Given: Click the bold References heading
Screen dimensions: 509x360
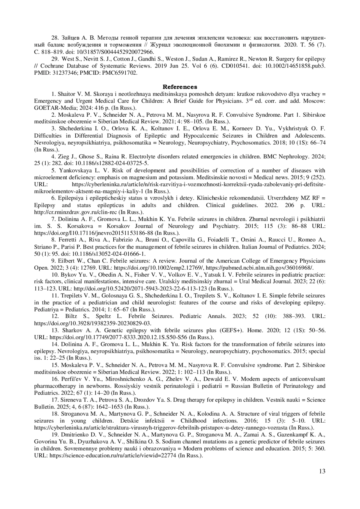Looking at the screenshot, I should click(180, 87).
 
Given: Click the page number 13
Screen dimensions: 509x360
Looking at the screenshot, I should click(322, 471).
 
